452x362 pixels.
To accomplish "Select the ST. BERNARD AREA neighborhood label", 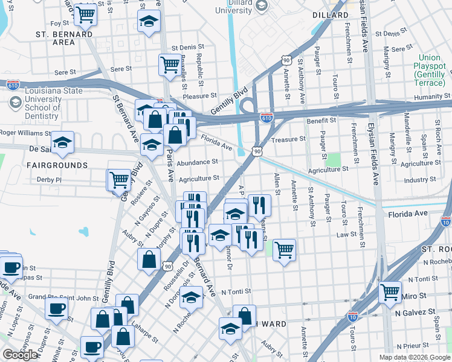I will pos(64,38).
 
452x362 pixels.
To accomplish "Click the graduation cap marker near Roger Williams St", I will pos(62,143).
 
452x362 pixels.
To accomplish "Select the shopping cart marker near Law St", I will pos(283,249).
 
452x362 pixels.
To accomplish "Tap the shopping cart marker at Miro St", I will pos(390,293).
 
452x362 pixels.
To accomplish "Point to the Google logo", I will pos(20,355).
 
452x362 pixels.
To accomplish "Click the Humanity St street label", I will pos(433,97).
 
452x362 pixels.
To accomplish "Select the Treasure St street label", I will pos(289,139).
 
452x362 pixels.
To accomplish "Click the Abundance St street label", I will pos(197,162).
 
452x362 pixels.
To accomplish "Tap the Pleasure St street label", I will pos(199,95).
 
